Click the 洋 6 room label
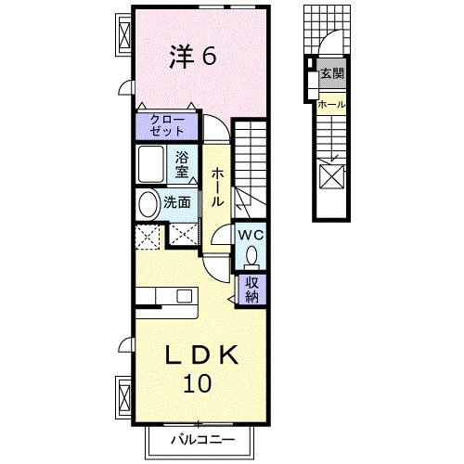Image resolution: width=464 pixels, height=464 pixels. [193, 56]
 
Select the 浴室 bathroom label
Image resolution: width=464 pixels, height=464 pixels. [183, 164]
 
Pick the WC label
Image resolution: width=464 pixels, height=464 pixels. [251, 236]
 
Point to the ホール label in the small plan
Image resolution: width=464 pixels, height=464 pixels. [331, 104]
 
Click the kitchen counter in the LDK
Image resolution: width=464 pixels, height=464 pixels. [168, 296]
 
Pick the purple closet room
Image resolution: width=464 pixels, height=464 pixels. [166, 125]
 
